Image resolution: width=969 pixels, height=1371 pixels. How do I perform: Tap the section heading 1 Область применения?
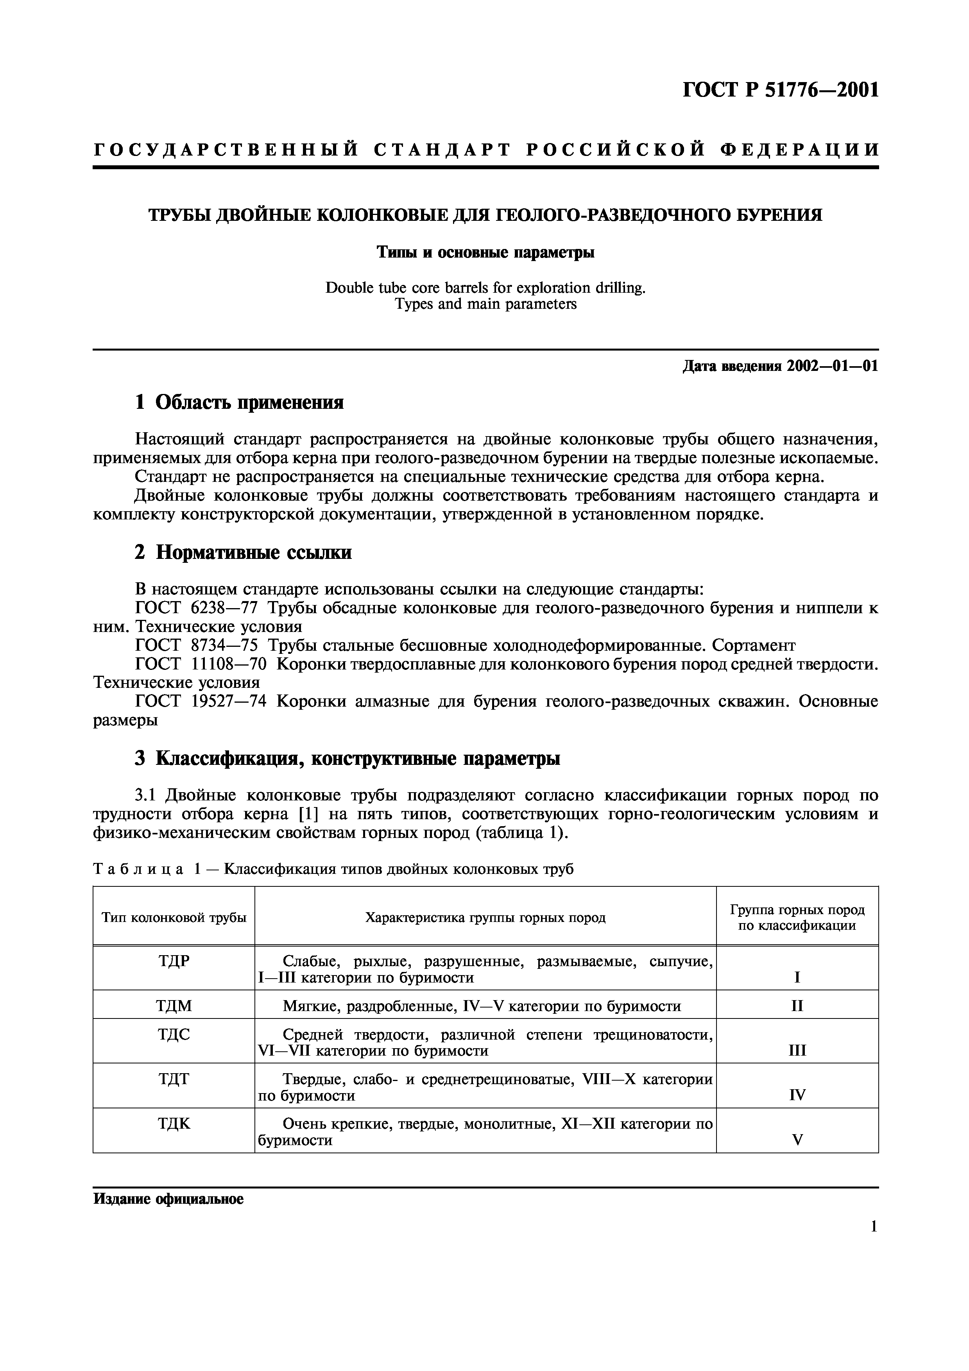[x=239, y=403]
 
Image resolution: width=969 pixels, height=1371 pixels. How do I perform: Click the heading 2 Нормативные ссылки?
[x=243, y=552]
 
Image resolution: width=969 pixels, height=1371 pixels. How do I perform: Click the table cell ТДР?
[x=174, y=961]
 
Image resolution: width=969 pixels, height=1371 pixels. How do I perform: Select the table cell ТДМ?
[x=174, y=1006]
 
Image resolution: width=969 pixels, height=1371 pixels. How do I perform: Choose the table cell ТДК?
[x=174, y=1124]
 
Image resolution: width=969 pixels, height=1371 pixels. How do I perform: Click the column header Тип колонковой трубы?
[x=174, y=918]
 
